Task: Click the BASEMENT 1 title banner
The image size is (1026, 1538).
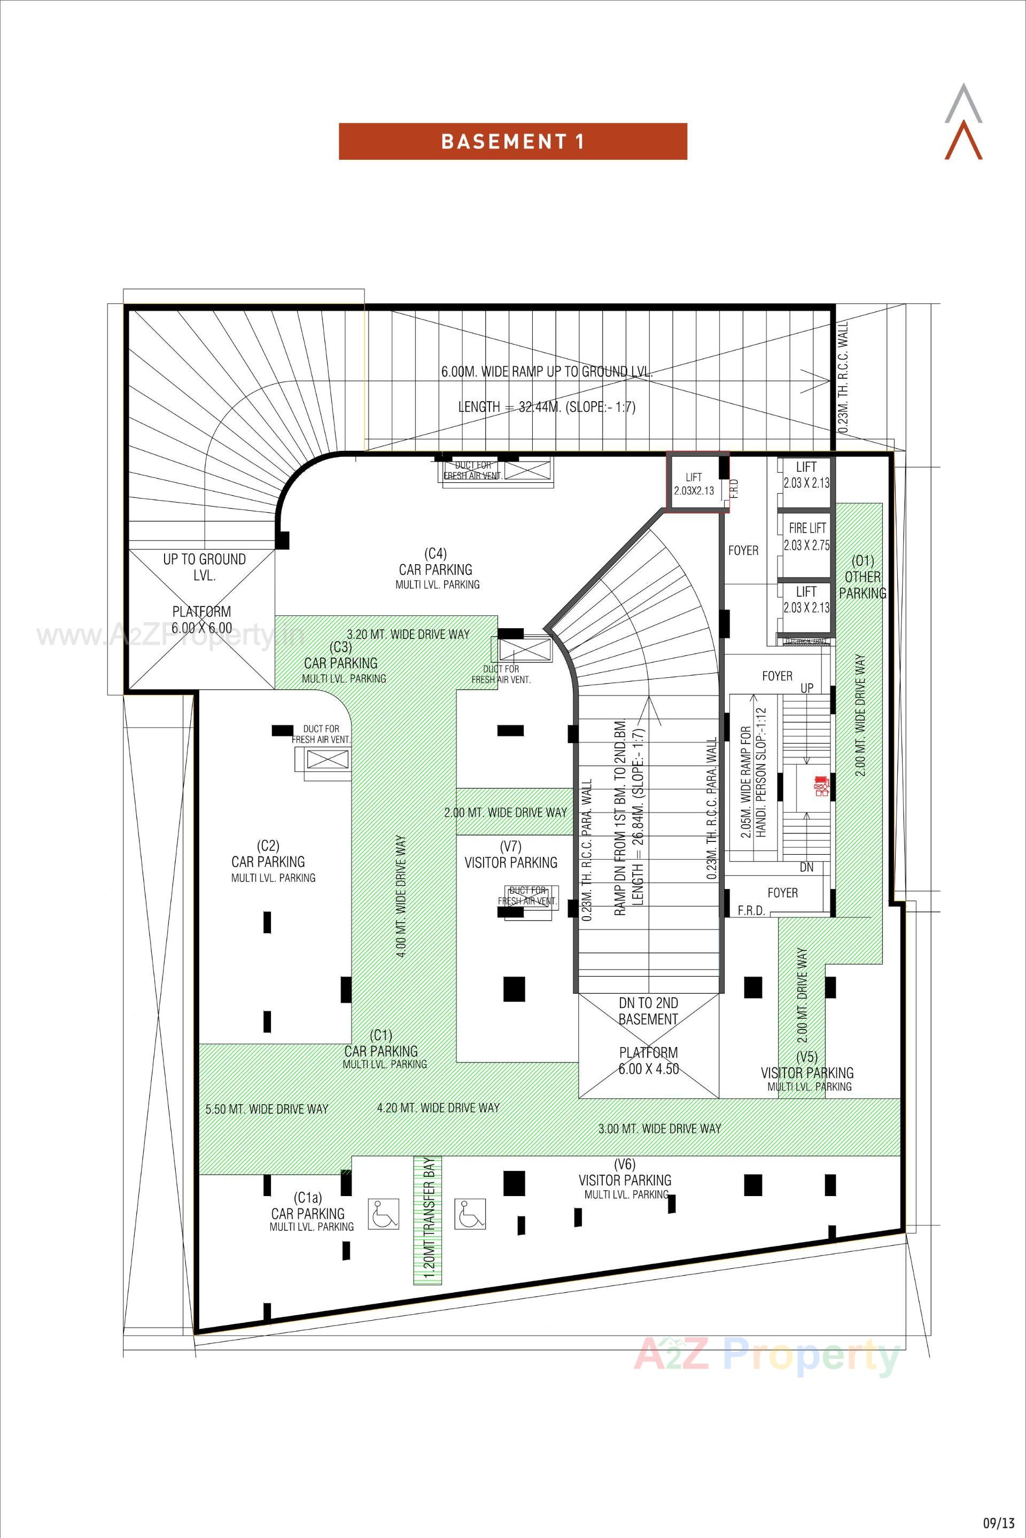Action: pos(512,142)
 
